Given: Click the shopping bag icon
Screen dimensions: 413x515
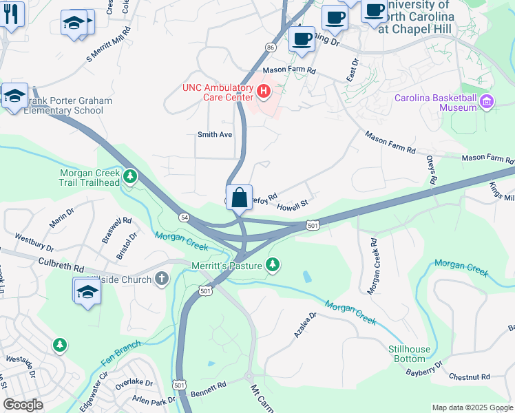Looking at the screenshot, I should (x=239, y=198).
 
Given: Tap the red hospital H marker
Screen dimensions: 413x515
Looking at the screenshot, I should (x=262, y=91).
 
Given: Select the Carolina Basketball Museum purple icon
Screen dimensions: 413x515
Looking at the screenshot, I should (x=487, y=103).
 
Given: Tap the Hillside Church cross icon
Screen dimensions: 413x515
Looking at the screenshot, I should (x=161, y=279).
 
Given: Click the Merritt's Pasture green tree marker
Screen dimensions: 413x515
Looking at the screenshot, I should (x=273, y=265).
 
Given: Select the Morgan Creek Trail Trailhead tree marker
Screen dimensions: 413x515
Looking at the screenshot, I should (x=129, y=179).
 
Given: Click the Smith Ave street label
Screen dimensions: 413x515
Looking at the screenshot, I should (x=215, y=135).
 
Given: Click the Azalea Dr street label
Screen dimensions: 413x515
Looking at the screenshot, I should (x=304, y=324).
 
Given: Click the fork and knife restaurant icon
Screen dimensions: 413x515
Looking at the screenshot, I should (x=10, y=14).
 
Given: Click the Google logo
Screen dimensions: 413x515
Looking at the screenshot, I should (x=23, y=405).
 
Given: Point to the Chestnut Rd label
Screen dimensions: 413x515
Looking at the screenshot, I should (x=469, y=377).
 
